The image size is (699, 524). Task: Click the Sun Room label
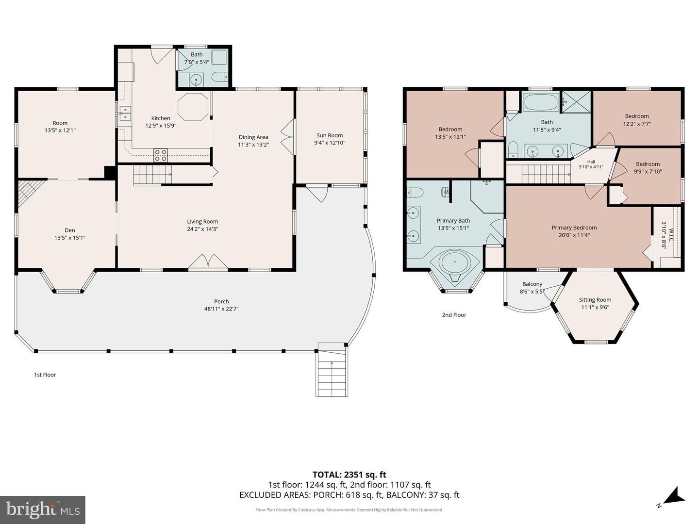coord(329,135)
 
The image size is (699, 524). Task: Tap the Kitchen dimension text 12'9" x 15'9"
coord(161,126)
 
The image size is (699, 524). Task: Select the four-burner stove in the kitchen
coord(161,155)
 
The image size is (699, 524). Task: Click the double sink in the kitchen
coord(125,113)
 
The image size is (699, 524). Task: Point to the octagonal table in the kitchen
coord(193,107)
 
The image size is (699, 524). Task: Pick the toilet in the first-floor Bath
coord(220,77)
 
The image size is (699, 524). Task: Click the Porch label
coord(221,301)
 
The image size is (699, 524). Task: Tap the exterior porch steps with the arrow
coord(332,370)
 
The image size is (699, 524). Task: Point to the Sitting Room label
coord(595,300)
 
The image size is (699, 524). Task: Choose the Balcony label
coord(532,284)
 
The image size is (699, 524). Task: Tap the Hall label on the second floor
coord(591,162)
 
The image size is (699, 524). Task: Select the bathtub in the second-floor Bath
coord(541,102)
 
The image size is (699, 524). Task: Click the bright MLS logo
coord(43,510)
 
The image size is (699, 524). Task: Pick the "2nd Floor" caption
coord(454,315)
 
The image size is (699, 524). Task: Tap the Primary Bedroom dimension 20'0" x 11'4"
coord(574,235)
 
